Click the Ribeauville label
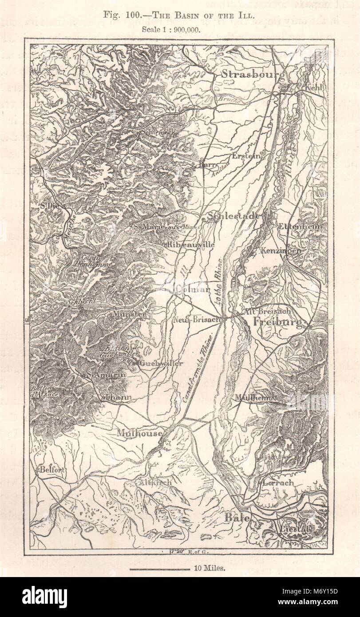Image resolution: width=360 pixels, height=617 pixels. click(x=190, y=244)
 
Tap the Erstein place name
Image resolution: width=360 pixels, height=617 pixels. click(x=244, y=156)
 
